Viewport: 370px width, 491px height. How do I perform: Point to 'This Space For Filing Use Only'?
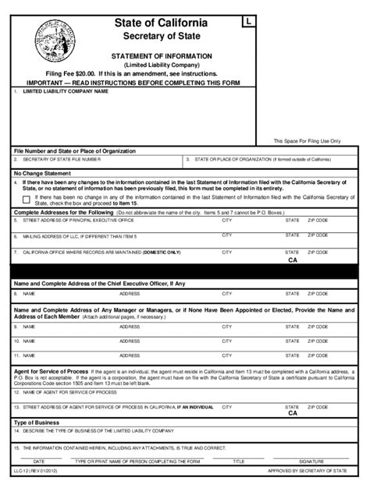click(307, 140)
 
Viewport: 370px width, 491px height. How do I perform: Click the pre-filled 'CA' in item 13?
click(293, 413)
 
